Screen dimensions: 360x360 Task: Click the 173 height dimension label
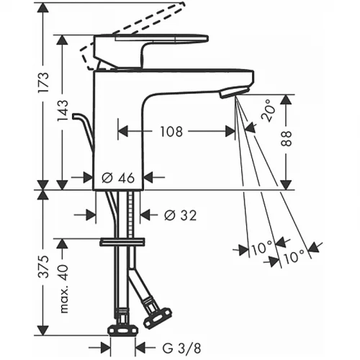tap(45, 82)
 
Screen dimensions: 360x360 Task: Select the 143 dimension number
tap(63, 111)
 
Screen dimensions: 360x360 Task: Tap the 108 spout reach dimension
tap(171, 132)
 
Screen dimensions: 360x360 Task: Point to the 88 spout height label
tap(286, 138)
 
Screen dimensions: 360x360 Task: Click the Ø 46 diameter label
tap(118, 178)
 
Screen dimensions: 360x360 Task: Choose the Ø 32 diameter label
tap(181, 215)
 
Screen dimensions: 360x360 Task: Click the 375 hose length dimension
tap(44, 266)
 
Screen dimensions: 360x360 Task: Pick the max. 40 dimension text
tap(63, 289)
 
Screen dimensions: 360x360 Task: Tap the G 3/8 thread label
tap(181, 348)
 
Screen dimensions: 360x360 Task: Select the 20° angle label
tap(267, 111)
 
